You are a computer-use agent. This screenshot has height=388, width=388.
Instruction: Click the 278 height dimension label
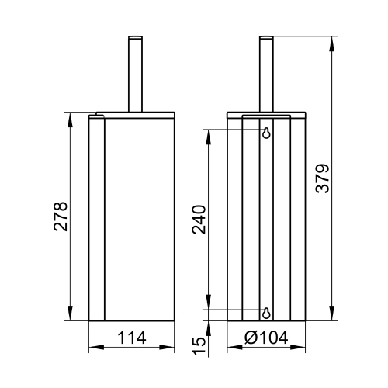pos(61,217)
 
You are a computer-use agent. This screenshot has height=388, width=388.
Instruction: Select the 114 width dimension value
pos(132,338)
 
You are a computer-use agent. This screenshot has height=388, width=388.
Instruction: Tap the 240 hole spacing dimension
pos(199,220)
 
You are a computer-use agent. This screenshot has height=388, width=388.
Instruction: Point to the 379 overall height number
pos(323,178)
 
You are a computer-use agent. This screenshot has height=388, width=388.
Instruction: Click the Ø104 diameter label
pos(266,338)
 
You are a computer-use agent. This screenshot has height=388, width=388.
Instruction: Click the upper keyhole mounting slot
pos(266,133)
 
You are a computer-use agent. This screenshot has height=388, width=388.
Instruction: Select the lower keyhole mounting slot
pos(266,314)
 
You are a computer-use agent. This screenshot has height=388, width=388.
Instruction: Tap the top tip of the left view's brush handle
pos(135,36)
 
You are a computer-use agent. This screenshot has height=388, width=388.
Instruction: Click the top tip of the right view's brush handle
pos(266,36)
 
